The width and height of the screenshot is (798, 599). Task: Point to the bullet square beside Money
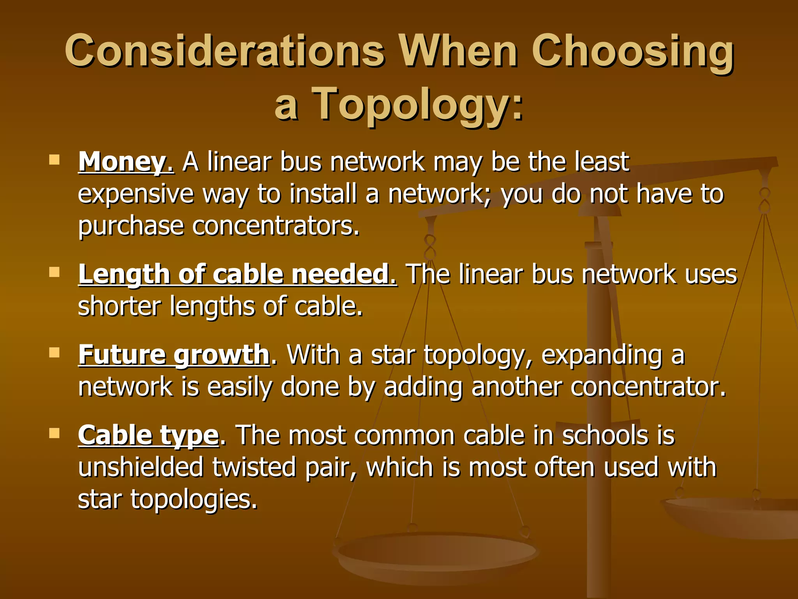54,159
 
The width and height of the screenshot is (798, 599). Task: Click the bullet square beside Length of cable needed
54,272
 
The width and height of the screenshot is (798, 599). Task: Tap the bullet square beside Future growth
54,353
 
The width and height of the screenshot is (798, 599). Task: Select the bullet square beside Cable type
54,433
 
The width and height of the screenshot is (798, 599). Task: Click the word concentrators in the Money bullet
275,226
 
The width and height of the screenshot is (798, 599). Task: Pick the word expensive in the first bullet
136,194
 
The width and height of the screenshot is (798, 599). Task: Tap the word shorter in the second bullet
119,306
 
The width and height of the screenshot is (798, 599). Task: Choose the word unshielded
141,467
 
